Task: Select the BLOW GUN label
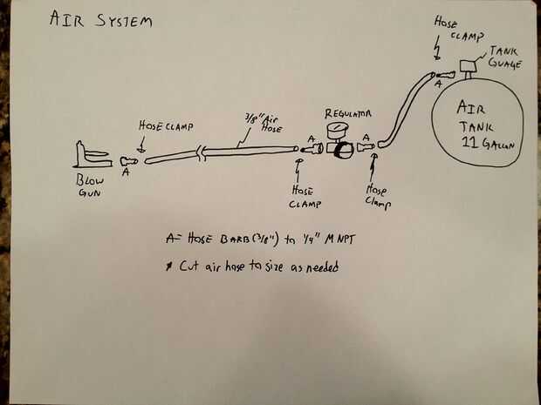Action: pyautogui.click(x=90, y=184)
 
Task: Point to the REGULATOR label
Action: pyautogui.click(x=348, y=113)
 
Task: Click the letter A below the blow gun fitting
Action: pyautogui.click(x=126, y=173)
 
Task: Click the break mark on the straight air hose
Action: pyautogui.click(x=202, y=154)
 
